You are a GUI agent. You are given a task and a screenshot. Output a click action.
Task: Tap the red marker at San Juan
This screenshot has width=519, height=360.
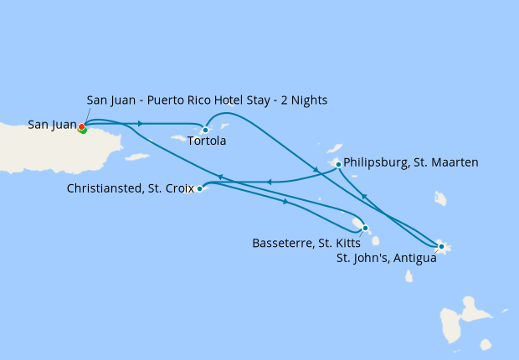click(81, 128)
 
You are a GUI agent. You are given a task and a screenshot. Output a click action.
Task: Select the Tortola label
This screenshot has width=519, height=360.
click(207, 141)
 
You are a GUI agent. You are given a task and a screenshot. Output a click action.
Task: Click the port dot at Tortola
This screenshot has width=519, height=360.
click(205, 130)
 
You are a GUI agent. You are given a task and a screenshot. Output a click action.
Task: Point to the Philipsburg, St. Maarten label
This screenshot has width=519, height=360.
click(411, 162)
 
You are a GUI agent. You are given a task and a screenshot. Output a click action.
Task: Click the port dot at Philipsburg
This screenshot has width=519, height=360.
click(338, 164)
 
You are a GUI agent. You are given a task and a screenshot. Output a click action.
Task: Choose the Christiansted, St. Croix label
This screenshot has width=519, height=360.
click(130, 189)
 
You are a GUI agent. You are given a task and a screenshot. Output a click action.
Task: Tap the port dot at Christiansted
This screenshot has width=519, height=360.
click(199, 189)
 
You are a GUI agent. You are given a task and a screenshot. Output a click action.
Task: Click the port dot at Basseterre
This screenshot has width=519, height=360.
click(365, 227)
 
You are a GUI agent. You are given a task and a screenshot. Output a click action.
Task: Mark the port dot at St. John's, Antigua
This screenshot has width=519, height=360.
click(441, 246)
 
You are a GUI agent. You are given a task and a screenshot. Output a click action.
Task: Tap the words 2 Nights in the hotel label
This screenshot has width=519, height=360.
click(302, 100)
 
